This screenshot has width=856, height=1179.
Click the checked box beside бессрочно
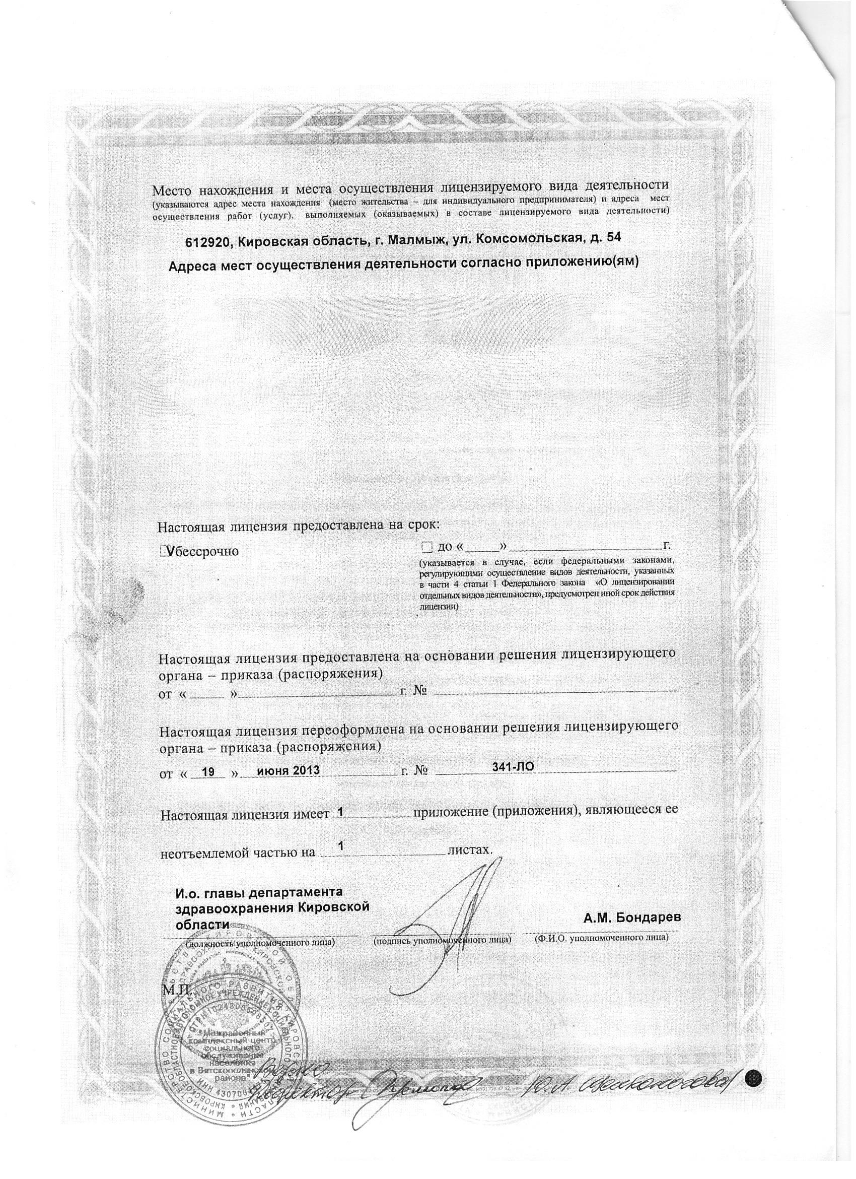point(166,551)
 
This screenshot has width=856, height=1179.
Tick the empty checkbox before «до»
point(426,547)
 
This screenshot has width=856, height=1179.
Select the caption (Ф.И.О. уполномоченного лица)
point(601,938)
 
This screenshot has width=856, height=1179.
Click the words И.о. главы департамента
point(259,893)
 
